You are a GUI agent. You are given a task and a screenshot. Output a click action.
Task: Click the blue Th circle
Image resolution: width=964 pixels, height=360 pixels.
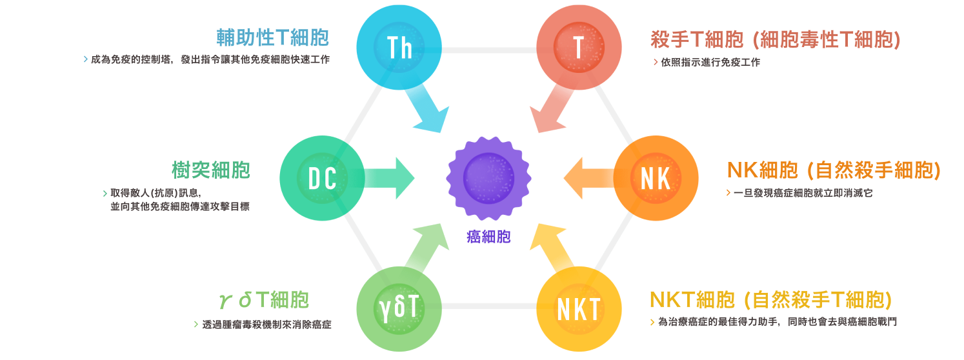pos(399,48)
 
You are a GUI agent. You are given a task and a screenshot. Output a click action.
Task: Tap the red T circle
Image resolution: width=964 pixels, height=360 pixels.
pos(578,48)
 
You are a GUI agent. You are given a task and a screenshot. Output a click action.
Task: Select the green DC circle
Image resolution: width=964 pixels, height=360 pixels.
pos(322,179)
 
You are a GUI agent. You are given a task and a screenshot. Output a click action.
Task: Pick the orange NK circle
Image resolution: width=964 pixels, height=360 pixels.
pos(656,179)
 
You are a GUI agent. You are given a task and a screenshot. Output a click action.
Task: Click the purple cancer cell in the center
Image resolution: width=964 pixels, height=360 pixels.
pos(489,177)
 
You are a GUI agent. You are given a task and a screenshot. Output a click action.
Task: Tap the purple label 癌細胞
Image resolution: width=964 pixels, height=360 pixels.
pos(488,237)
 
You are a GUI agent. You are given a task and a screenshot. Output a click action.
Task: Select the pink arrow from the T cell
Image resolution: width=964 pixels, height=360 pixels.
pos(550,110)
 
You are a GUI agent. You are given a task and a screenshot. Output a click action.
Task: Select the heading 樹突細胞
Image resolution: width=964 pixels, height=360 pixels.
pos(211,170)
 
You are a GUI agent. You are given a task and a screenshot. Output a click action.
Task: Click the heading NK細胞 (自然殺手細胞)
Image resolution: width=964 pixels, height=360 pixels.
pos(834,170)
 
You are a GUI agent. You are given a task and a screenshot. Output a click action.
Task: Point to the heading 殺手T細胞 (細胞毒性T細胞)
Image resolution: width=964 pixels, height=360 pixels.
pos(776,40)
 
